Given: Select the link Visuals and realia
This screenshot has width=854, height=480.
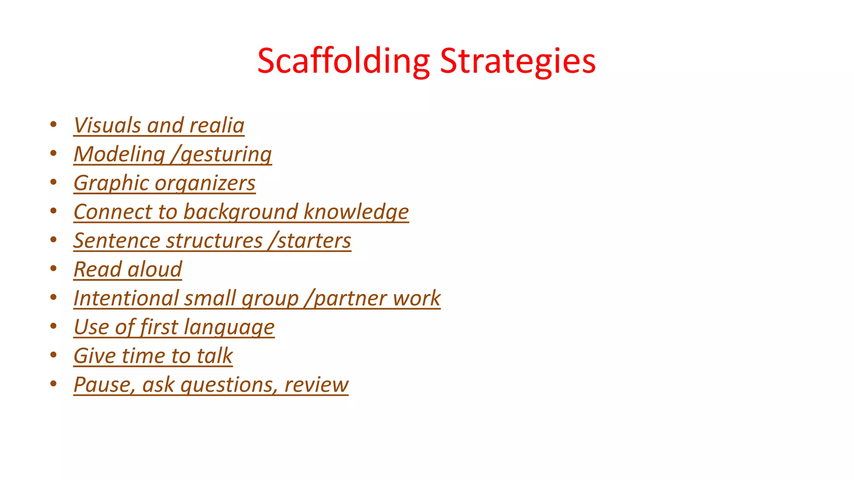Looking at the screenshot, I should point(159,125).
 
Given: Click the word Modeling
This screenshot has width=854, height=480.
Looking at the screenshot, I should point(120,154).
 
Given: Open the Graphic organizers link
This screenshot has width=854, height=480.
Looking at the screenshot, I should point(164,183).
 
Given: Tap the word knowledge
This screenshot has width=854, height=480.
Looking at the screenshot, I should point(356,212).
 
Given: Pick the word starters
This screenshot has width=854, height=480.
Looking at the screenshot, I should point(314,241).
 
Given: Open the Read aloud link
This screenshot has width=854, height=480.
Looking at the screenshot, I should point(128,270).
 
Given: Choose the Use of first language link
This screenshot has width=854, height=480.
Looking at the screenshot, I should point(174,327).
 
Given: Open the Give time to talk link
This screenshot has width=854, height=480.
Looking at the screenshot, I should point(153,356).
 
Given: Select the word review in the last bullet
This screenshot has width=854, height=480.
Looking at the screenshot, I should point(316,385).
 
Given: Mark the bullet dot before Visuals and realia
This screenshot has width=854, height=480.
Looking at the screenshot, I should point(53,125).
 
